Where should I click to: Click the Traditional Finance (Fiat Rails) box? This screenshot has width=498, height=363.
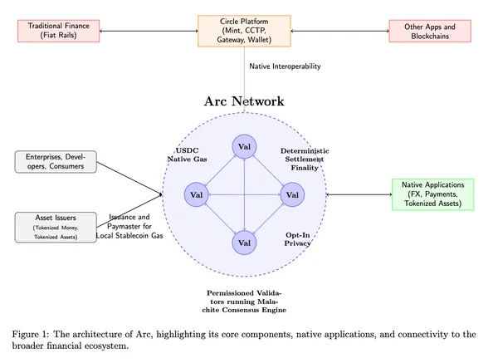54,32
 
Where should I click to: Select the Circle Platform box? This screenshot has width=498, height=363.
244,32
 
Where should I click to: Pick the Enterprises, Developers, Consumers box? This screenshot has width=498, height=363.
56,162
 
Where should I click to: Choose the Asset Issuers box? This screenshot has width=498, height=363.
56,227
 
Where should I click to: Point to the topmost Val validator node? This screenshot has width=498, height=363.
244,147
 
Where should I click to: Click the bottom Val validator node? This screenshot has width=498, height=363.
244,243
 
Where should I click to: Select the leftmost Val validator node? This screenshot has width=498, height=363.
197,195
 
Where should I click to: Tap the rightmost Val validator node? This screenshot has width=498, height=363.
291,195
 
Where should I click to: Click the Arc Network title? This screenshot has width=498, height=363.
244,101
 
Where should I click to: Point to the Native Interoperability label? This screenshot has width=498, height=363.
285,66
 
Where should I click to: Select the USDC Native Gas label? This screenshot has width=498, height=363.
187,154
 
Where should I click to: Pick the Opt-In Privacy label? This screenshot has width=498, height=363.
298,239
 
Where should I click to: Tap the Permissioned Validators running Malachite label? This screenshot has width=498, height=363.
247,302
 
